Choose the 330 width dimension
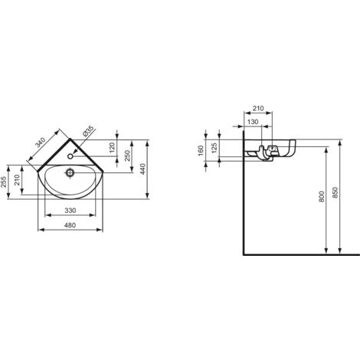(71, 211)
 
